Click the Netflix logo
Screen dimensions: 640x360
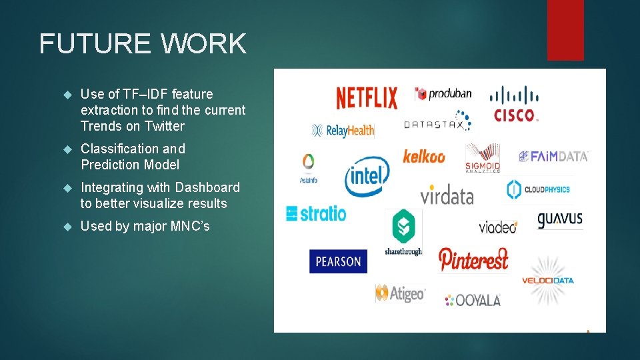click(366, 98)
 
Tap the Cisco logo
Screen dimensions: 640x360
click(515, 104)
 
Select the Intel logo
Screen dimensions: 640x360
click(366, 176)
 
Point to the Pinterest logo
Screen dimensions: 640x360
click(473, 259)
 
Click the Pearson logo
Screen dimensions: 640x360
click(338, 261)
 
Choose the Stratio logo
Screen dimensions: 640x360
click(316, 213)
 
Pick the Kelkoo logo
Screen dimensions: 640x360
click(423, 157)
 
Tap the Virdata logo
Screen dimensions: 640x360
click(447, 195)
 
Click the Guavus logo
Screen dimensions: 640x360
click(560, 219)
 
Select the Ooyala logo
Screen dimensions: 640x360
click(473, 300)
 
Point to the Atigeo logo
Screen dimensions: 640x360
click(400, 293)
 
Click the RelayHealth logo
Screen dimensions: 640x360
click(343, 131)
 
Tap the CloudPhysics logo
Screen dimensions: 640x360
click(538, 189)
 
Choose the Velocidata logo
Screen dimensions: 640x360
click(547, 280)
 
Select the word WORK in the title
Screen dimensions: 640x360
click(203, 44)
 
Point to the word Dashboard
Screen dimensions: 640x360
click(207, 187)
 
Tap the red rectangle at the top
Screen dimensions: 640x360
click(565, 30)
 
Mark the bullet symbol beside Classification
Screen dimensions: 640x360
click(67, 149)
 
